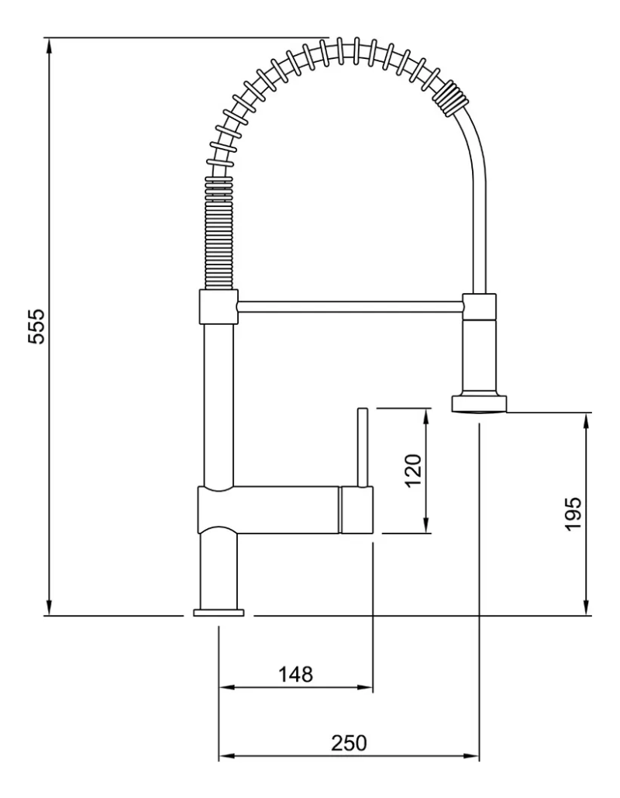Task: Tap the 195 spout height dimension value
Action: point(573,513)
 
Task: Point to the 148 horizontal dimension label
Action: point(296,674)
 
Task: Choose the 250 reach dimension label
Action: point(349,742)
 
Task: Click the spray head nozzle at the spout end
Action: point(480,403)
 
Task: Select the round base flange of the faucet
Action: point(219,613)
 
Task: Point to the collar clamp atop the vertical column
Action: point(219,307)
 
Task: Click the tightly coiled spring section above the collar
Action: point(219,233)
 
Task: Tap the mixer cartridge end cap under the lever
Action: point(356,510)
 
